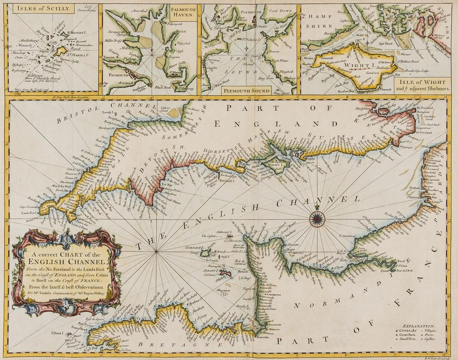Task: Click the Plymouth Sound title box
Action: tap(247, 90)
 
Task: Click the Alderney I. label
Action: tap(223, 232)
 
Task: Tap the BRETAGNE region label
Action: tap(167, 345)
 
